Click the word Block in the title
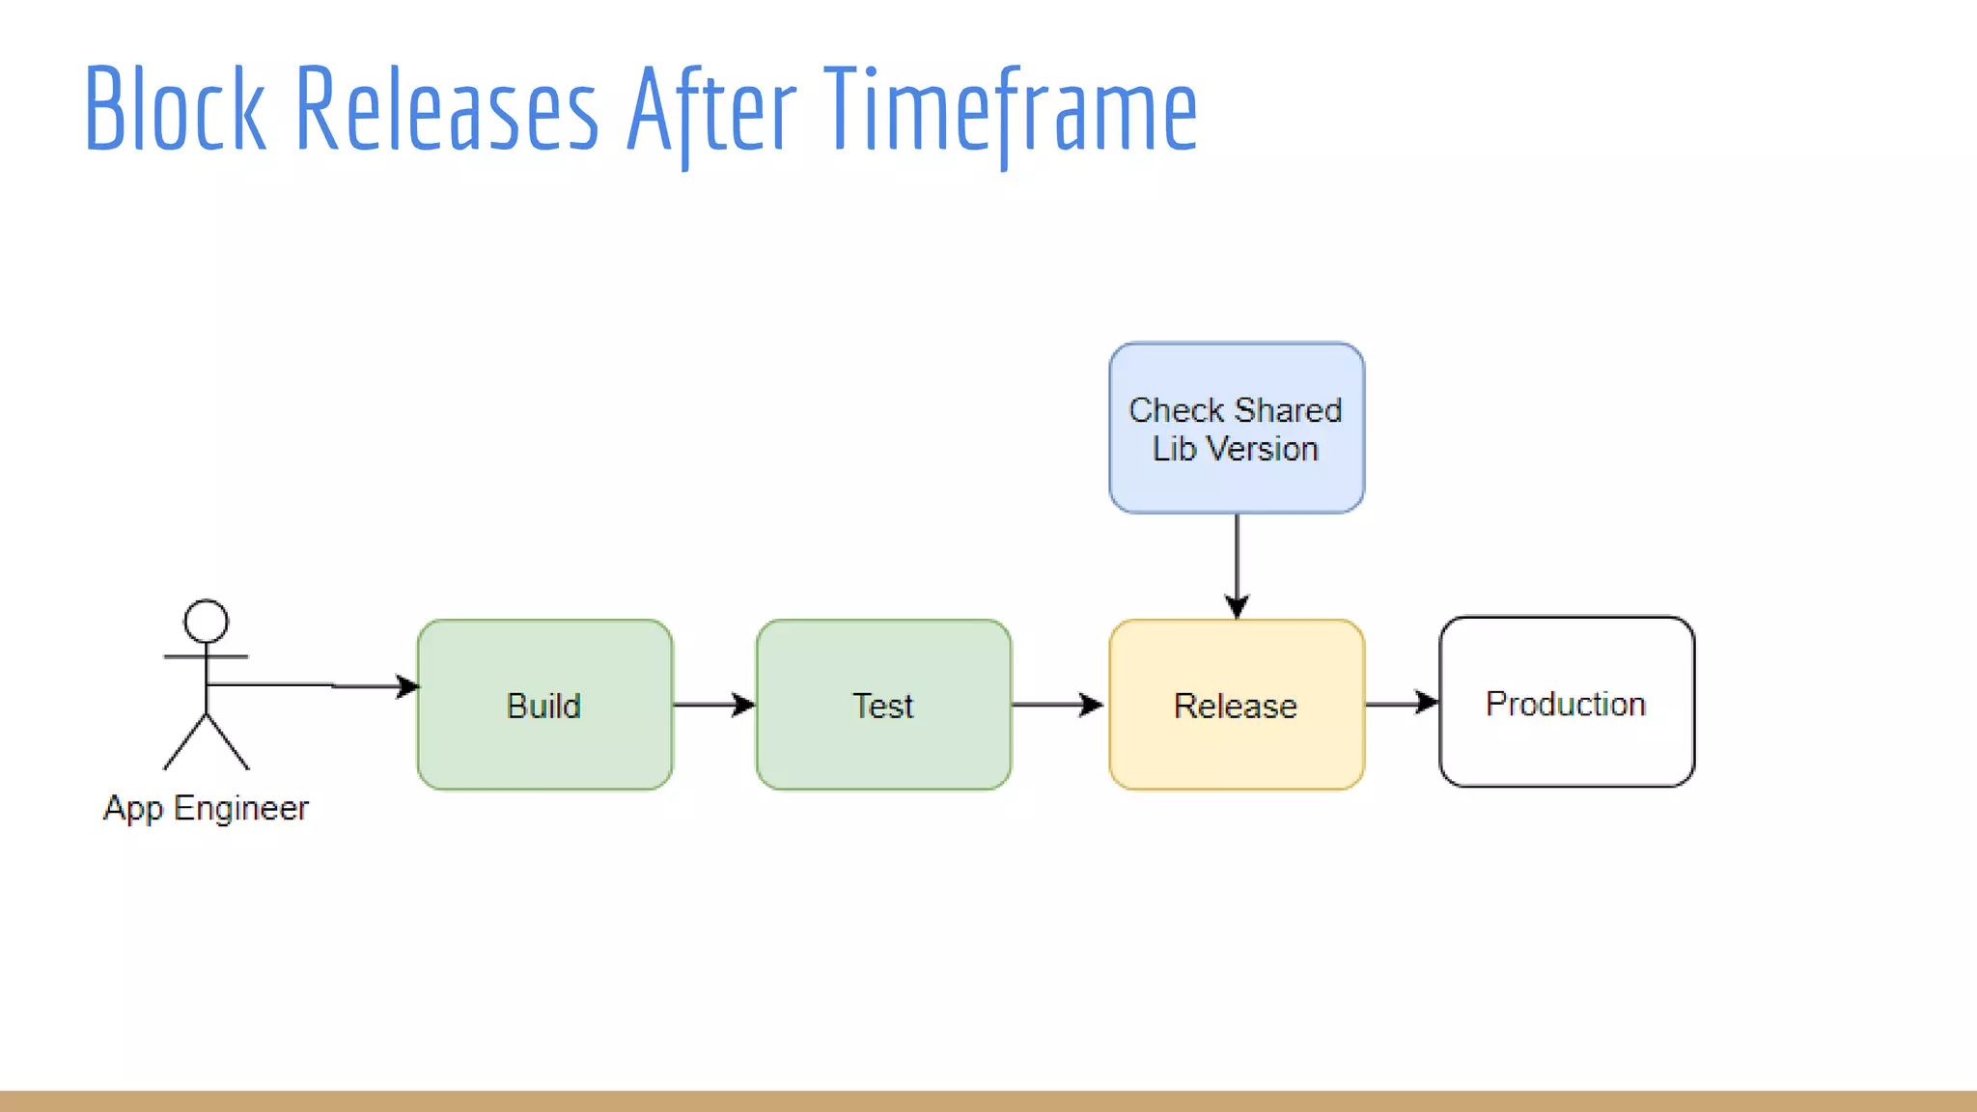point(174,108)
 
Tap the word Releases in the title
point(446,108)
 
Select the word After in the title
point(711,108)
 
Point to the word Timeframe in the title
point(1011,108)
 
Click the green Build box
point(544,706)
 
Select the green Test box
point(883,706)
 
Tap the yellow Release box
point(1237,706)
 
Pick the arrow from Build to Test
point(713,705)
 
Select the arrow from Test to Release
point(1058,705)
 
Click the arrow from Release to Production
point(1401,703)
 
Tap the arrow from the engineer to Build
point(319,685)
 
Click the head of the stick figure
point(206,621)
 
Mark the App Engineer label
point(206,808)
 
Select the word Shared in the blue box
point(1288,410)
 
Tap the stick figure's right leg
point(230,743)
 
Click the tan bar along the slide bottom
point(988,1101)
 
